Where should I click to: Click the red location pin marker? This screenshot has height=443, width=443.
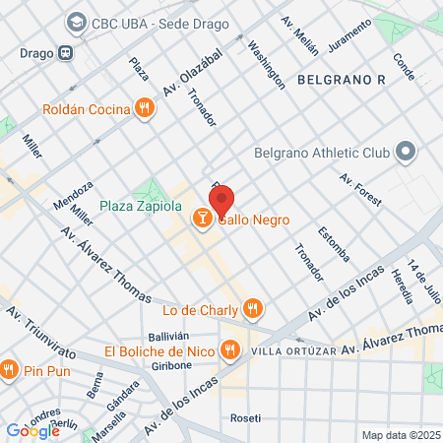[x=221, y=201]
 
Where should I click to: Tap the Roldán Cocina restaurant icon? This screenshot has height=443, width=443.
[x=145, y=108]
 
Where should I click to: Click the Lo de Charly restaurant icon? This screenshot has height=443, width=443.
[x=253, y=309]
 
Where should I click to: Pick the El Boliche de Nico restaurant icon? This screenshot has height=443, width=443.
[x=230, y=349]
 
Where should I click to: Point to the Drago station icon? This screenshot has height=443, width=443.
[x=65, y=52]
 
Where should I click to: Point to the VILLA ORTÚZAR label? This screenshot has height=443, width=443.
[x=292, y=351]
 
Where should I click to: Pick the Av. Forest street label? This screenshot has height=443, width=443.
[x=359, y=191]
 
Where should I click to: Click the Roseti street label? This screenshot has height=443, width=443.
[x=246, y=417]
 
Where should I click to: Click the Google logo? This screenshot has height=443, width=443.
[x=32, y=430]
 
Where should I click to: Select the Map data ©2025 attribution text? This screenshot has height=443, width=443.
[x=400, y=435]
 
